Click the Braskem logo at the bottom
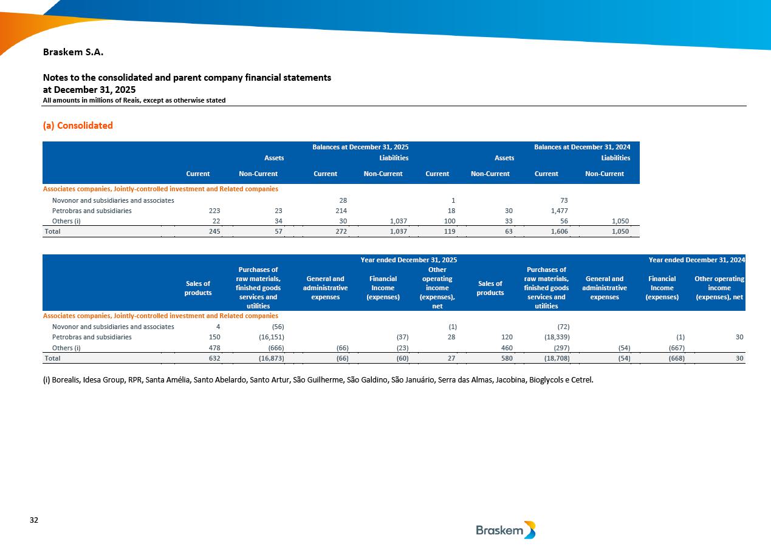[x=505, y=530]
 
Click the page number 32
[x=34, y=520]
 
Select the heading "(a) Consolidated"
[x=78, y=126]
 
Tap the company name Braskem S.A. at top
[x=73, y=52]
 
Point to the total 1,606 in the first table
[x=558, y=231]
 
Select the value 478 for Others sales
[x=214, y=348]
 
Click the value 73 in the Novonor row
[x=564, y=200]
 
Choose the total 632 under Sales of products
[x=214, y=358]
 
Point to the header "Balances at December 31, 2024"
[x=582, y=147]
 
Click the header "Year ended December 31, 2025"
[x=408, y=260]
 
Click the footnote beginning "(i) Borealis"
[x=318, y=380]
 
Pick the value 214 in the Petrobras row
[x=340, y=211]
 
